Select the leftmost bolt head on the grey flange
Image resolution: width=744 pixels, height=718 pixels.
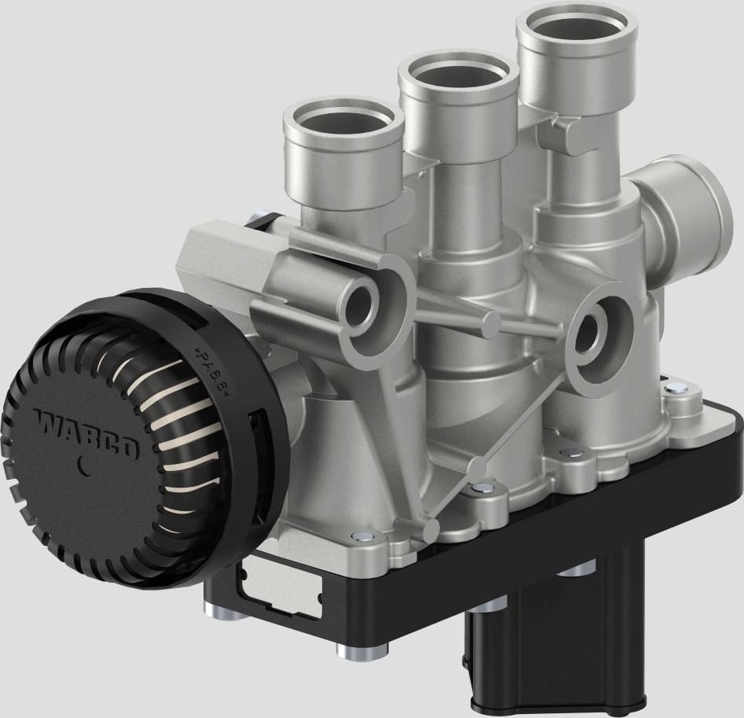[358, 537]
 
